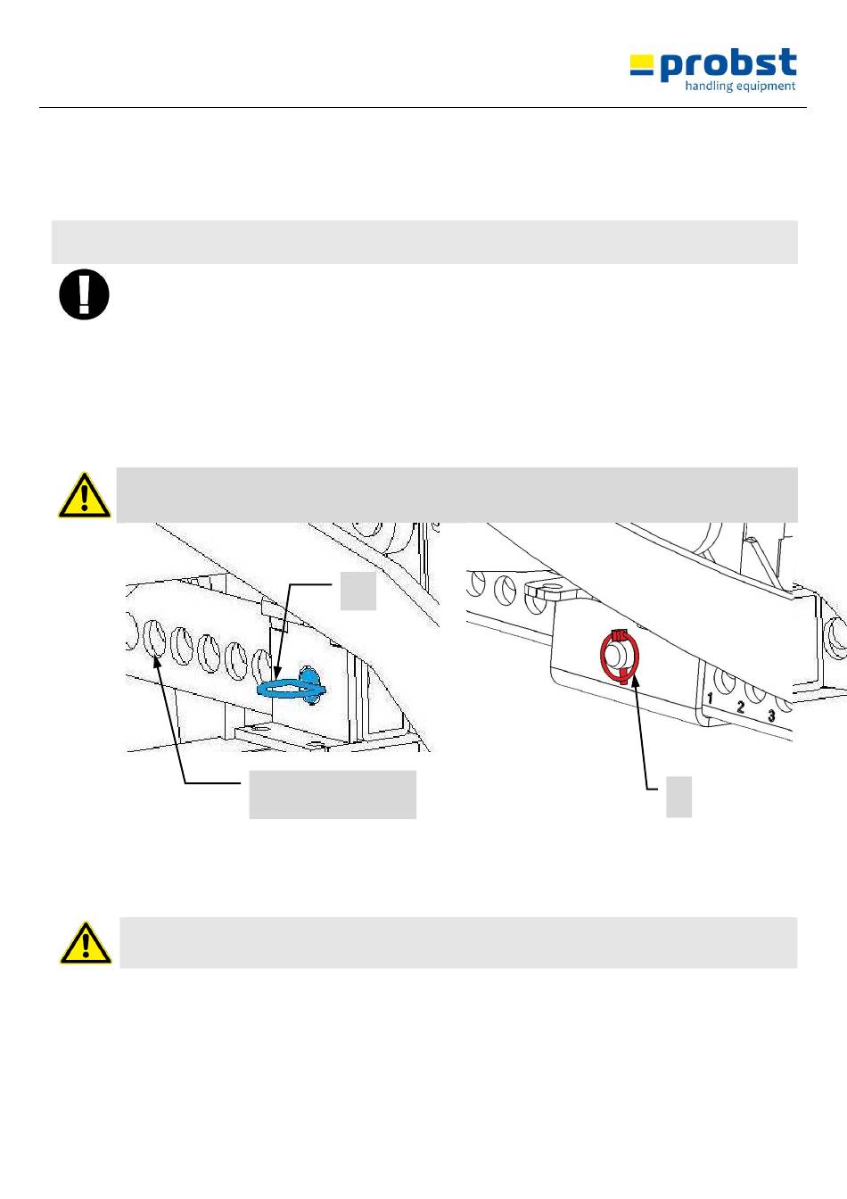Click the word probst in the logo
728,64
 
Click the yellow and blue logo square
642,65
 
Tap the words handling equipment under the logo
739,87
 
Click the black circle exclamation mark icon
84,295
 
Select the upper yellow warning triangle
84,497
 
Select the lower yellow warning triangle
86,944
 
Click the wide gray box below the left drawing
332,794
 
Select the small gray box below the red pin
678,797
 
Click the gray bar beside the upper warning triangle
456,494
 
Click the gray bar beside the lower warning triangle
457,942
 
